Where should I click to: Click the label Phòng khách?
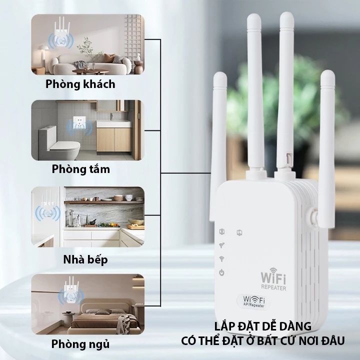pos(80,84)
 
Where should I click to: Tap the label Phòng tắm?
pos(80,169)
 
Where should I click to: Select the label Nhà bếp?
pos(85,259)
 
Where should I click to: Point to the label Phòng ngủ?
pos(80,344)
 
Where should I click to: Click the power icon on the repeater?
pos(221,273)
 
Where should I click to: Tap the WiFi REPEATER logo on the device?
pos(273,280)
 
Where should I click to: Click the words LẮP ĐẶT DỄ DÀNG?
pos(262,326)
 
